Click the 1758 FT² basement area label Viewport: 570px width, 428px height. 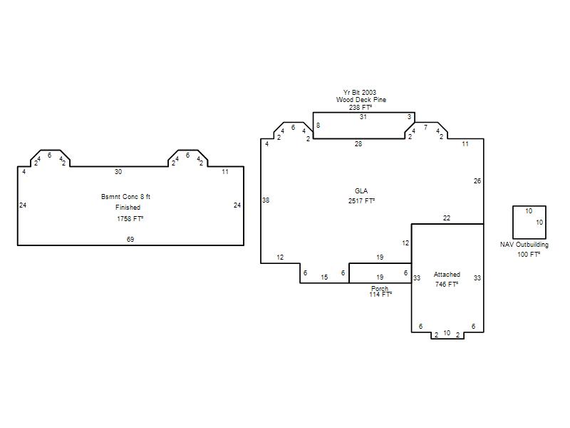point(130,219)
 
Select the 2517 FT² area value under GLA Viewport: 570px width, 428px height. point(361,200)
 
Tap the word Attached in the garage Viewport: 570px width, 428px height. point(447,275)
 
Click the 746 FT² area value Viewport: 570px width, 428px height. point(447,284)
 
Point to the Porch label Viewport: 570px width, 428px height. point(380,288)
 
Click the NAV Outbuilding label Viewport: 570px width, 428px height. point(524,245)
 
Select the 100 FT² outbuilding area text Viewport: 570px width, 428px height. point(529,255)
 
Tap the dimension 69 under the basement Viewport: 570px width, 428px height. point(130,239)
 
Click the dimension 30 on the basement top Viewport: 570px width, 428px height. point(118,172)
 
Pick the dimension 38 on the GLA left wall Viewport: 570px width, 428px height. point(266,200)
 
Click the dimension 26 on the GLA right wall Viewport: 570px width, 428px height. point(477,181)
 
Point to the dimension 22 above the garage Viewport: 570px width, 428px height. point(447,218)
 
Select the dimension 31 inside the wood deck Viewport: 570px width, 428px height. point(363,117)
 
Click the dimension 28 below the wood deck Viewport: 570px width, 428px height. point(358,144)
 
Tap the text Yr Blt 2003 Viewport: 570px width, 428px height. point(360,93)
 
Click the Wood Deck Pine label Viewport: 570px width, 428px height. point(361,100)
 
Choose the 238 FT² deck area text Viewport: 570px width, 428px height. point(361,108)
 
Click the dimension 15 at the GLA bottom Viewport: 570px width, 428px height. point(324,277)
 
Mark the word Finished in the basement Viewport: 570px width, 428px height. point(128,208)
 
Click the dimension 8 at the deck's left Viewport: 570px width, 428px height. point(318,126)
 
